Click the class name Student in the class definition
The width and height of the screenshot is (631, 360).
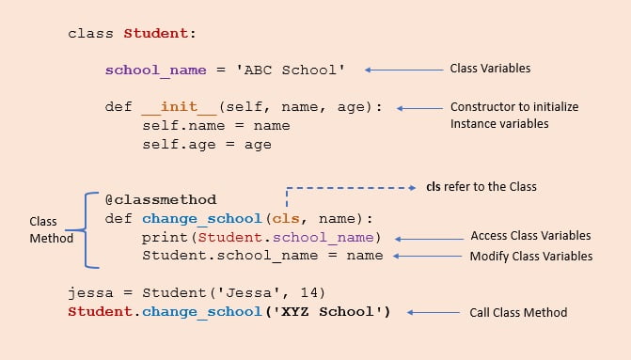(157, 34)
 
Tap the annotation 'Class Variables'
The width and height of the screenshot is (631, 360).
(490, 69)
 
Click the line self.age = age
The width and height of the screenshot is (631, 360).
(207, 145)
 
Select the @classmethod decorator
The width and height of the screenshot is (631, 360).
(161, 199)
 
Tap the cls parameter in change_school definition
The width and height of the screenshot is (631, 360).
(286, 218)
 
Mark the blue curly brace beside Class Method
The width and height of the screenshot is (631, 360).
(89, 230)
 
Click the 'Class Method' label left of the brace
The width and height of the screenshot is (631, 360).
(51, 230)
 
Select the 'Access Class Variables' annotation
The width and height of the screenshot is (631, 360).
(530, 235)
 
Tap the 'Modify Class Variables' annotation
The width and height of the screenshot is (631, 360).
(530, 256)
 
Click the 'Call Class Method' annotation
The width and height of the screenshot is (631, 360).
(518, 312)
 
